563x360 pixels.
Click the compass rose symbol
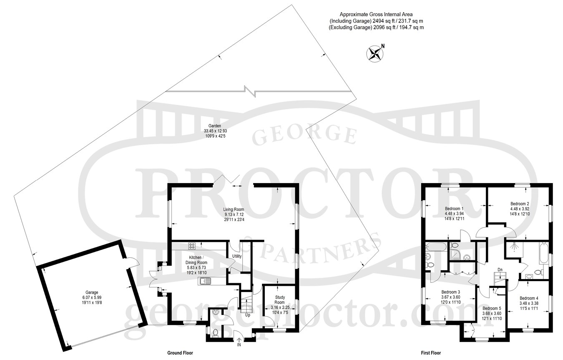coord(375,54)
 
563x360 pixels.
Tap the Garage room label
coord(92,292)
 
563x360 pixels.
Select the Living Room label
coord(234,209)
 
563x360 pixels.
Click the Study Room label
coord(280,300)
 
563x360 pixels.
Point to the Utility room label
coord(237,256)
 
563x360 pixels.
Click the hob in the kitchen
coord(192,246)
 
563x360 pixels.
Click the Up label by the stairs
coord(248,315)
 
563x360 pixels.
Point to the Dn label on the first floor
coord(500,270)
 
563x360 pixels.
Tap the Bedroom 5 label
coord(492,308)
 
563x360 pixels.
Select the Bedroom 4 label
coord(529,298)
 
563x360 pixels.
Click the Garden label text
coord(215,126)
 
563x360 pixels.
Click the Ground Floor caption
coord(180,353)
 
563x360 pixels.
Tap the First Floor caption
coord(431,353)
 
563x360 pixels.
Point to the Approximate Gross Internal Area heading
coord(376,15)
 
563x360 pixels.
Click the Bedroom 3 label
coord(451,292)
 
